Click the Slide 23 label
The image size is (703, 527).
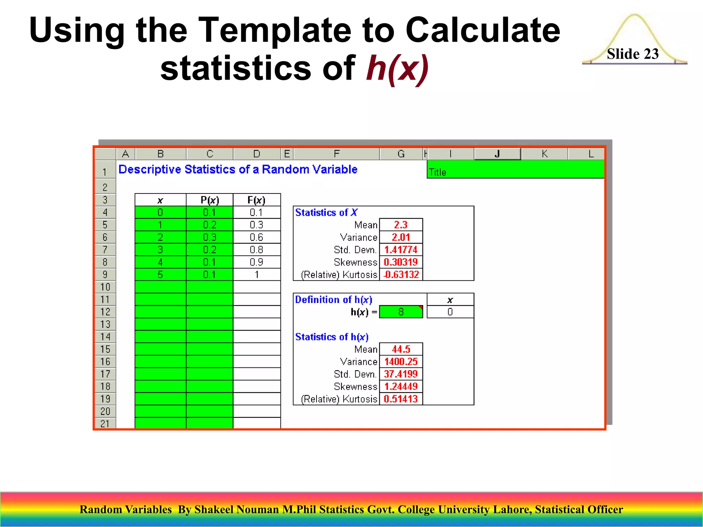pos(632,54)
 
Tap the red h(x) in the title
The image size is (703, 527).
pos(397,68)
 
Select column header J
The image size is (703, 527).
pos(497,154)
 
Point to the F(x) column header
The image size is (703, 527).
pos(256,200)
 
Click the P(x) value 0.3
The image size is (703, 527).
pos(209,237)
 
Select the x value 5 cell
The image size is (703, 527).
pos(160,275)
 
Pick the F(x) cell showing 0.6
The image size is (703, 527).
pos(256,237)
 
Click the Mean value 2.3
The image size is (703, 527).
pos(401,225)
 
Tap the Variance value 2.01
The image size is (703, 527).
pos(401,237)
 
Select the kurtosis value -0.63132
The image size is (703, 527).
pos(401,275)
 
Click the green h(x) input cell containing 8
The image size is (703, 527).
pos(401,312)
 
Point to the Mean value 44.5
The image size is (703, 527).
pos(401,349)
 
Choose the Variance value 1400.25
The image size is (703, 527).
pos(401,362)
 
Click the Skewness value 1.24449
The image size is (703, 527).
pos(401,387)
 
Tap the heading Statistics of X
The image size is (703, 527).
pos(326,213)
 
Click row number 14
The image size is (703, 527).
pos(105,337)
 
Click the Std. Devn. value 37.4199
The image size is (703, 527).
pos(401,374)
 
